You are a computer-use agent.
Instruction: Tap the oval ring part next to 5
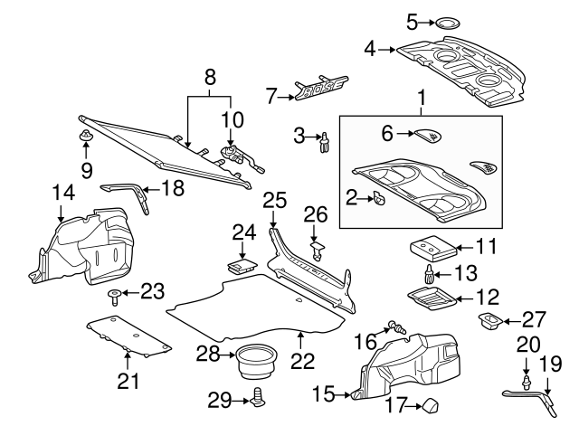(447, 22)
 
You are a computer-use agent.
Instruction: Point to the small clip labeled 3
(324, 142)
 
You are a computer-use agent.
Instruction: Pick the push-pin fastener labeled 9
(86, 137)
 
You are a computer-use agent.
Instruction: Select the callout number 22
(302, 361)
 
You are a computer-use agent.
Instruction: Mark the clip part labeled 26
(316, 245)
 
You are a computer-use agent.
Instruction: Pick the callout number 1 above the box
(420, 96)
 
